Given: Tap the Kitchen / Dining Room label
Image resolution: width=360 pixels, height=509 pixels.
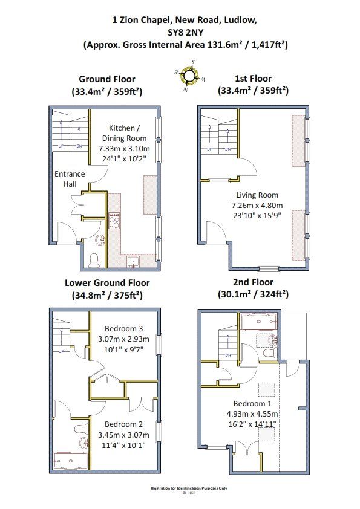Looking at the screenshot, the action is pos(124,133).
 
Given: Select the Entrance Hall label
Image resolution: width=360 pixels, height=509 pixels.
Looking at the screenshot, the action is pos(70,179).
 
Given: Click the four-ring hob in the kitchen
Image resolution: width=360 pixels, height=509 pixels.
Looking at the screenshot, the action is pos(114,221).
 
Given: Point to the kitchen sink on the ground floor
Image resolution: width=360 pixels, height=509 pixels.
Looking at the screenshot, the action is pos(134,262).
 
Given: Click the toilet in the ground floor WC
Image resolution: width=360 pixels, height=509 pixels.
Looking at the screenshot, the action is pos(94,261).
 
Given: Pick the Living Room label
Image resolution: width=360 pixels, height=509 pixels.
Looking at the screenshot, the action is pos(257,195).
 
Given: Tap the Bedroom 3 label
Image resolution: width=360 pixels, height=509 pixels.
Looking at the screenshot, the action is pos(124,328).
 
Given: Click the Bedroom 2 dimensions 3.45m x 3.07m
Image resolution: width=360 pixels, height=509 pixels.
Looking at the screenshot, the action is pos(124,435).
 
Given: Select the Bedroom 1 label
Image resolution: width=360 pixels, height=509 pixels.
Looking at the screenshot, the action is pos(252,403).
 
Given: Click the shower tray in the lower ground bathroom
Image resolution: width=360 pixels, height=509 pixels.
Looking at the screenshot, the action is pos(71,459).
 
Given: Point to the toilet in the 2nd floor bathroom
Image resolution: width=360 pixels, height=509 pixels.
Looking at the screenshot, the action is pos(270,353).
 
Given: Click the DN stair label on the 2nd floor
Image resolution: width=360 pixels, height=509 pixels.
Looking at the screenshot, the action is pos(228,355).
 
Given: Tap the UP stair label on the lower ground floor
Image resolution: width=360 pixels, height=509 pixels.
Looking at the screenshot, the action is pos(61,351).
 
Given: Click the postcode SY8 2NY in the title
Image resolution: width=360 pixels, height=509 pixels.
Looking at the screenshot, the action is pos(186,32).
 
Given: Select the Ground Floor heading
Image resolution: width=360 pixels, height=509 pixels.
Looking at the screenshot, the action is pos(107,79).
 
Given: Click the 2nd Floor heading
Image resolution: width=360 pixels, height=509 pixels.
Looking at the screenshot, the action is pos(253,282).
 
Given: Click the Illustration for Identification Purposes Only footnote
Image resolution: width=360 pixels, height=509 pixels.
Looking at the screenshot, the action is pos(189,488).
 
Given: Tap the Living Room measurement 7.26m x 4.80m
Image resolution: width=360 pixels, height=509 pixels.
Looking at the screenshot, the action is pos(257,205).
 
